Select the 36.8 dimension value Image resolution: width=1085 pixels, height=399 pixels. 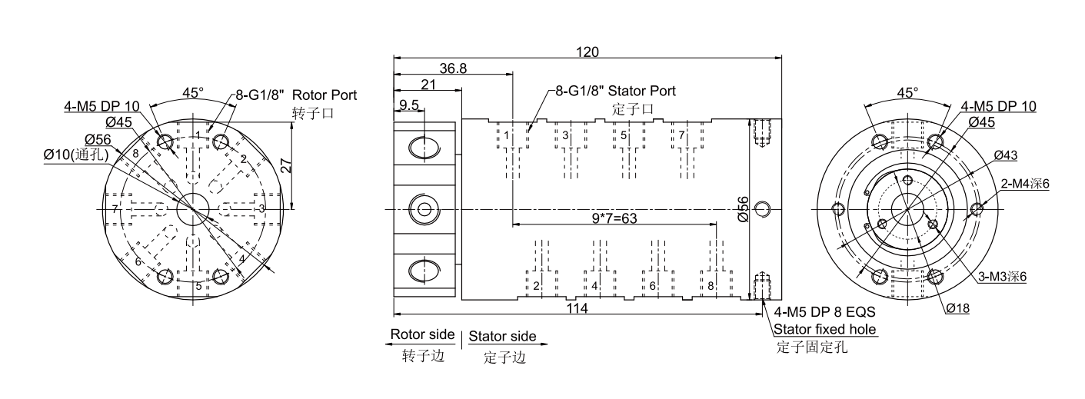point(453,68)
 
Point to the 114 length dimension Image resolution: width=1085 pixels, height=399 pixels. point(577,308)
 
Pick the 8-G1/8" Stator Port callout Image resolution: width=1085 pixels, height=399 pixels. point(615,91)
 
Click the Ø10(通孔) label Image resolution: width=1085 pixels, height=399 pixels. point(76,155)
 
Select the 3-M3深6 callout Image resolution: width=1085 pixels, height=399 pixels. point(1003,276)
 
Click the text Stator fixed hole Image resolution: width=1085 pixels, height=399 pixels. point(825,330)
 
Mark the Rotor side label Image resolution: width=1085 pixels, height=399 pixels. point(421,336)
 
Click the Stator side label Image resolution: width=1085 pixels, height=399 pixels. point(502,337)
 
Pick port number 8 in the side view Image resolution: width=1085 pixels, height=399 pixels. point(710,286)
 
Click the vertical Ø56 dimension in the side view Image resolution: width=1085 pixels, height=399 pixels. point(743,209)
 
